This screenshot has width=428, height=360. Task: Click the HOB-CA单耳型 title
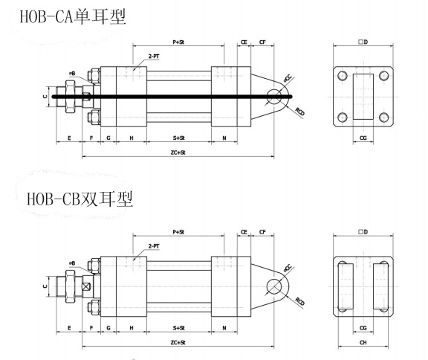(73, 16)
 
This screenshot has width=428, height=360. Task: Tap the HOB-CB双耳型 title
(80, 199)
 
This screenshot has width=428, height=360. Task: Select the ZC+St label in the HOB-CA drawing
(178, 152)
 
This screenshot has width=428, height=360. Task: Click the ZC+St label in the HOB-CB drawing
(178, 342)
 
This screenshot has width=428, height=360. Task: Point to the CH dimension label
(363, 342)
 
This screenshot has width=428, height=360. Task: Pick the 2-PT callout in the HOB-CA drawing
(154, 57)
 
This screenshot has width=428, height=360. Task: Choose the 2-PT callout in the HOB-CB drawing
(154, 246)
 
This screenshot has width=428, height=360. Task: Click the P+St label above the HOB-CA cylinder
(178, 42)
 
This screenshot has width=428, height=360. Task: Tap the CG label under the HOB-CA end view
(363, 138)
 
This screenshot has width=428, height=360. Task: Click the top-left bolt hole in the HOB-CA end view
(343, 76)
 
